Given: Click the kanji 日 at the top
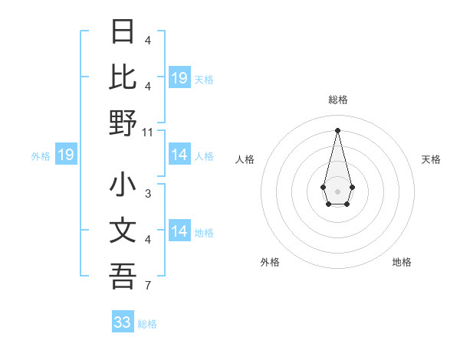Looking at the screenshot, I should [123, 33].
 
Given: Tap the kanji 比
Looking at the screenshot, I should [123, 77].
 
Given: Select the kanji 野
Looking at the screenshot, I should [123, 123].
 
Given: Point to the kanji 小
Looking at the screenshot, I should [123, 185].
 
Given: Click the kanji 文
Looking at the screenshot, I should [123, 231].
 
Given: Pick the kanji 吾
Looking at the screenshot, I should [123, 276].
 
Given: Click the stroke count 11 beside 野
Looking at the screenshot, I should [148, 132].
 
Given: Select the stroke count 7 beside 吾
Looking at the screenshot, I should [148, 286].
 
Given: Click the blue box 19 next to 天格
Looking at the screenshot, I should [179, 78].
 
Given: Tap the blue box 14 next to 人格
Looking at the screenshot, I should [179, 155].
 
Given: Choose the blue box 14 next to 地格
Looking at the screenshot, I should [179, 231].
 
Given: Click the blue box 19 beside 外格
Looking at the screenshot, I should [66, 155].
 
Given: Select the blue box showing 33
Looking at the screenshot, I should [123, 322].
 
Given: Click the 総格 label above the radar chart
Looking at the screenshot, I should [337, 100].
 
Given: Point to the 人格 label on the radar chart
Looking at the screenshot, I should [245, 159].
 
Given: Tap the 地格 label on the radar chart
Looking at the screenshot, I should [402, 262].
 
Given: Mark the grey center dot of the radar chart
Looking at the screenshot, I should [337, 190].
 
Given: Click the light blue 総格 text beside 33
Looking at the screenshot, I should [147, 324].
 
